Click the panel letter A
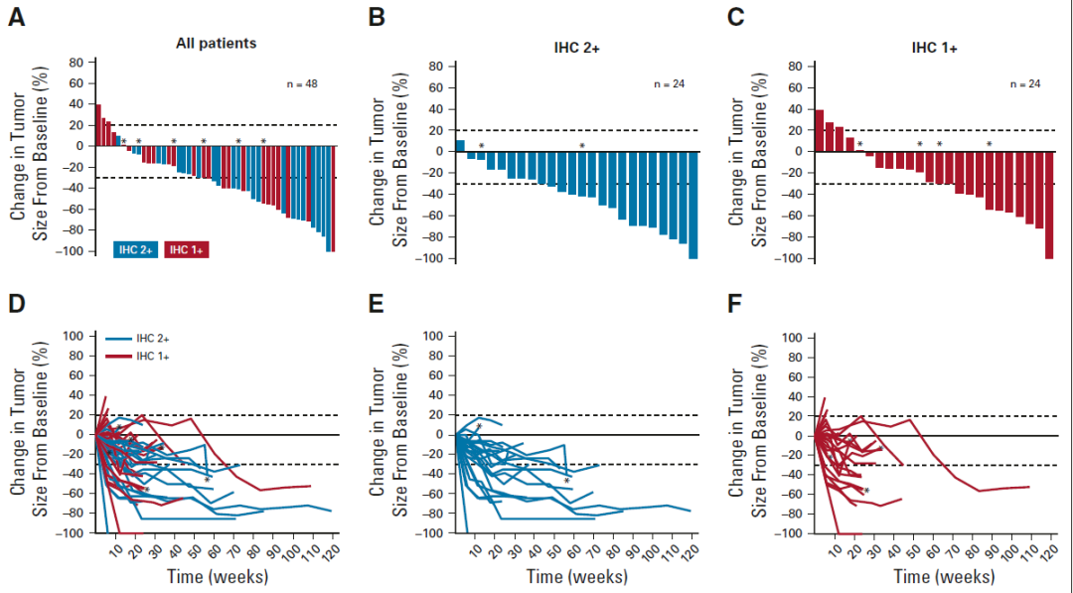point(16,17)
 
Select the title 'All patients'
point(216,43)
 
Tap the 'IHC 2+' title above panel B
point(575,47)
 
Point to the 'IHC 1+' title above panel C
point(935,47)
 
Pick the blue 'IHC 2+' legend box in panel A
point(134,249)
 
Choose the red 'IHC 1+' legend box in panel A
point(186,249)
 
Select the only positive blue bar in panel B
point(460,145)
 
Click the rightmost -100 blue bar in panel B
point(693,205)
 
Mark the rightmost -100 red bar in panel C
point(1048,205)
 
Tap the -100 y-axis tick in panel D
point(72,533)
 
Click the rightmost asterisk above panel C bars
point(989,145)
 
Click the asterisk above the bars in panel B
point(582,146)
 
